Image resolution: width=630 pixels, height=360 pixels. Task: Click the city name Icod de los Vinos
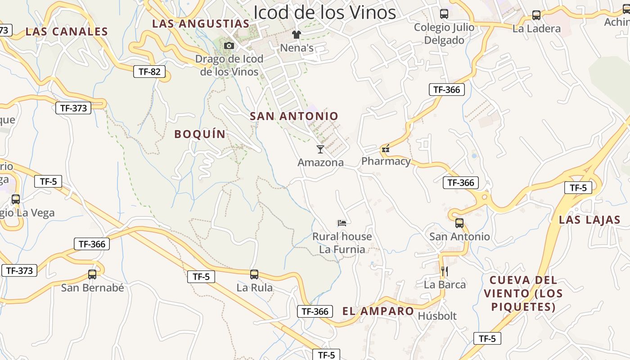(x=324, y=13)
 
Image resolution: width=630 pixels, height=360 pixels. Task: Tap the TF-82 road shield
(x=149, y=72)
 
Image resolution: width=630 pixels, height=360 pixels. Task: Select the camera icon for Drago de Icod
(x=229, y=45)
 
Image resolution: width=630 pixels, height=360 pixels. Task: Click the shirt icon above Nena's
(x=296, y=35)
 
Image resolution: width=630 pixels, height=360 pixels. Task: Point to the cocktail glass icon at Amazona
(x=320, y=149)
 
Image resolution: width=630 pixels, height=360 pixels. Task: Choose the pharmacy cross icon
(x=386, y=148)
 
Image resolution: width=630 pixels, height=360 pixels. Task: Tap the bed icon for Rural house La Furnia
(x=342, y=223)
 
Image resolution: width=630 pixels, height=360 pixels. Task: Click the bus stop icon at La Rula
(x=254, y=274)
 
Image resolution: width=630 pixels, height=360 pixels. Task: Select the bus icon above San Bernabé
(x=92, y=274)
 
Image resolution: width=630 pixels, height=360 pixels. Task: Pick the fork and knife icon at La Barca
(x=445, y=271)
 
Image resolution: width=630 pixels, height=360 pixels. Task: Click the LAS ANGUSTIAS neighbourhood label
(x=201, y=24)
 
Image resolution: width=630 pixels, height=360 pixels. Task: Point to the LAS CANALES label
(x=67, y=31)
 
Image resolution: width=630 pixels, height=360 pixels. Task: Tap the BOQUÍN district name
(x=200, y=134)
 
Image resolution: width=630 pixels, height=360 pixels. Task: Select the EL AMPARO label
(x=378, y=311)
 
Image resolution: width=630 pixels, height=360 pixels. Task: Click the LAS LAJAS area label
(x=589, y=220)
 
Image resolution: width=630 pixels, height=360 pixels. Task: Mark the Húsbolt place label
(x=437, y=316)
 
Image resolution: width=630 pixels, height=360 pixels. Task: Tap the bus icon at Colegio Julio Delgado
(x=444, y=14)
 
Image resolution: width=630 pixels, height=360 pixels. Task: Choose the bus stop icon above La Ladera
(x=536, y=15)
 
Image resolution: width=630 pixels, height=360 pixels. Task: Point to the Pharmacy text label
(x=386, y=161)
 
